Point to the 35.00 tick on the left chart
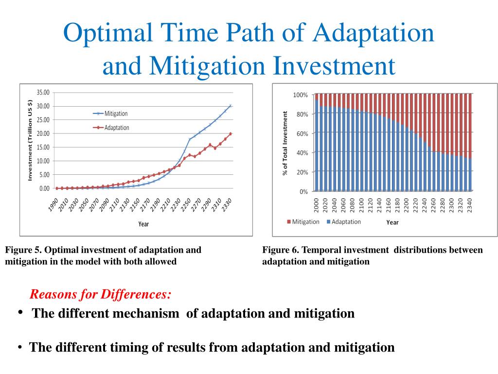pyautogui.click(x=43, y=93)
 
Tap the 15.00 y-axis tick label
pyautogui.click(x=43, y=147)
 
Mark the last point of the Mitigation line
pyautogui.click(x=230, y=106)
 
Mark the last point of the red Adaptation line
pyautogui.click(x=230, y=133)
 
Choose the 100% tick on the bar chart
pyautogui.click(x=300, y=94)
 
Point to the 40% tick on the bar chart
pyautogui.click(x=302, y=153)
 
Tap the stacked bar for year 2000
pyautogui.click(x=317, y=146)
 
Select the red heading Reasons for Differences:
pyautogui.click(x=101, y=294)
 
